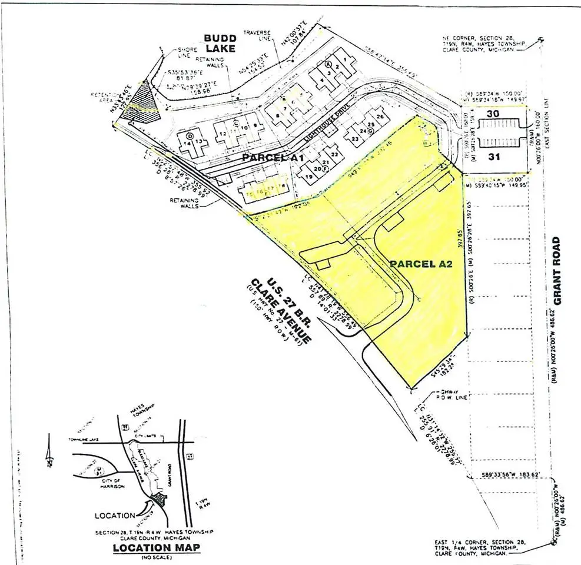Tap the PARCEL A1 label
(x=271, y=158)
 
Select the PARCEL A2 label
(x=420, y=265)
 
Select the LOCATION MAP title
(x=155, y=549)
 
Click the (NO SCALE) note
(x=155, y=557)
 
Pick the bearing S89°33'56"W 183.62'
(x=511, y=474)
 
